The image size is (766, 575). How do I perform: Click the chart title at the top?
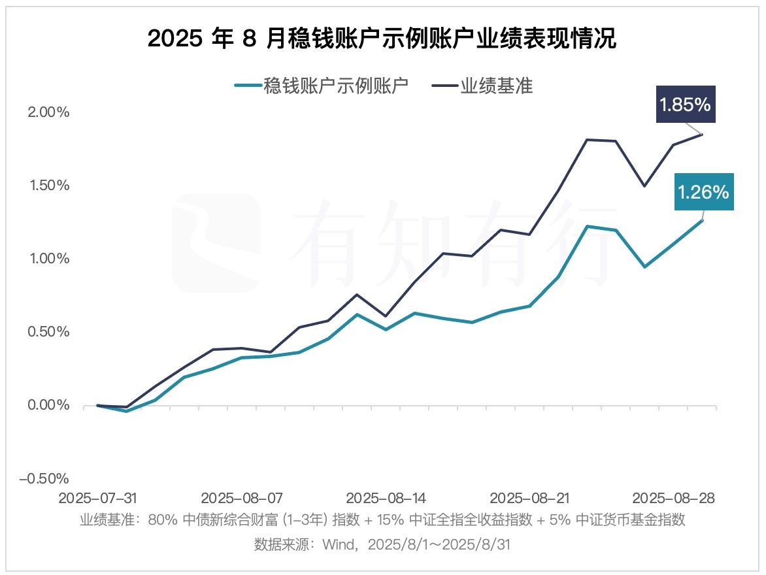point(382,39)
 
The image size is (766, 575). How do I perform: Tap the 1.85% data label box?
point(685,105)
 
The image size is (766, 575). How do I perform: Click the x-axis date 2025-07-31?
point(97,498)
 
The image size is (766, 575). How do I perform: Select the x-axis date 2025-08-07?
point(241,498)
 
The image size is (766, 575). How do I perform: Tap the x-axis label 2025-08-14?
point(386,498)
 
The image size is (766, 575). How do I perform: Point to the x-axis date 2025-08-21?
point(529,498)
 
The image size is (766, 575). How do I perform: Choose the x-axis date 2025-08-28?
point(674,498)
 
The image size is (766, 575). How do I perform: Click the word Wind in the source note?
point(336,545)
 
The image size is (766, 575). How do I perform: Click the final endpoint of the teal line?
point(702,220)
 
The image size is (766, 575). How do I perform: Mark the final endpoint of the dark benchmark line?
point(702,134)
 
